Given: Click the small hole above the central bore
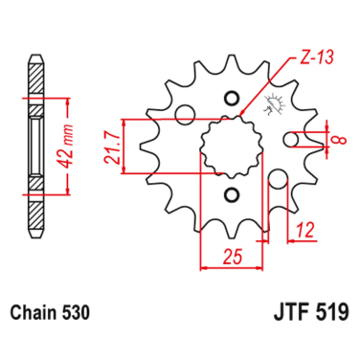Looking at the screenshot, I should click(x=230, y=99).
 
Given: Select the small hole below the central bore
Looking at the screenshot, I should click(x=230, y=195).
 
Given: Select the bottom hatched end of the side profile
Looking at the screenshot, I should click(x=35, y=215).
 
